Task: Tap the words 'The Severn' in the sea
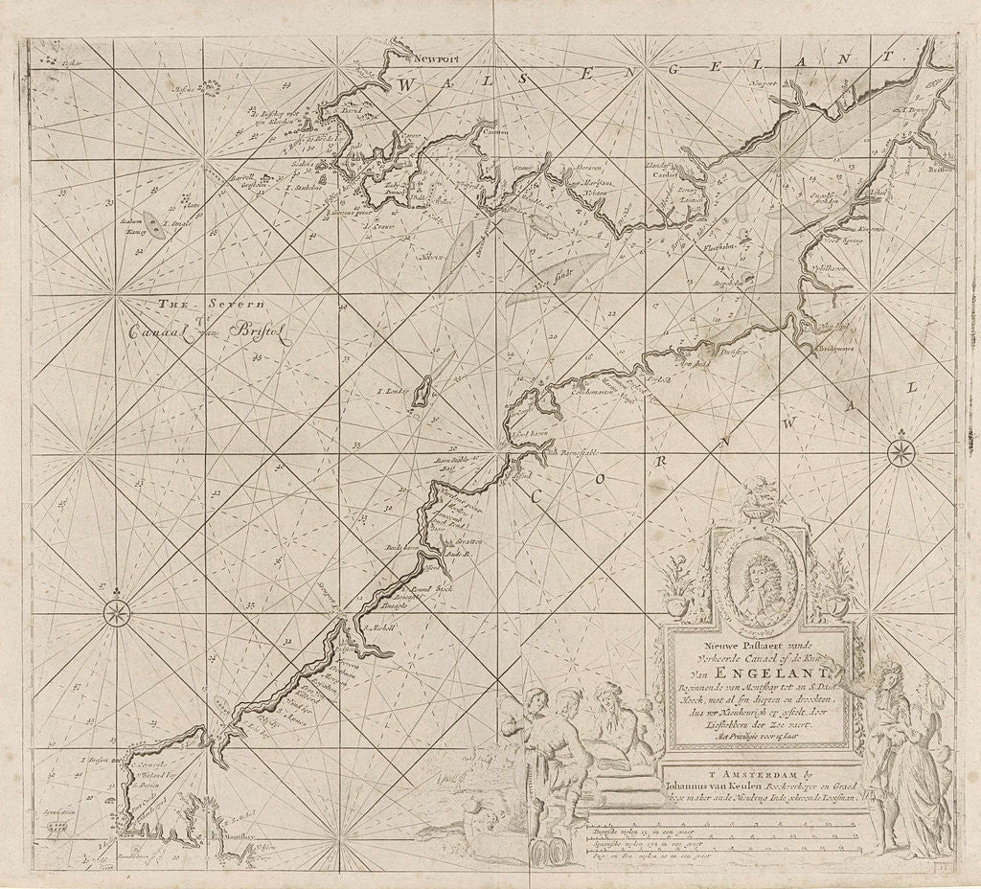(x=201, y=305)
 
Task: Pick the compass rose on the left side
(x=117, y=610)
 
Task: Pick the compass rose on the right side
(x=901, y=452)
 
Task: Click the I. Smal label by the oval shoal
(x=180, y=226)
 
